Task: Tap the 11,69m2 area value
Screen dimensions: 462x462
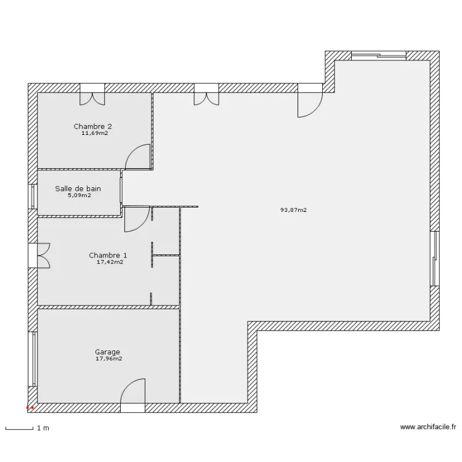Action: point(94,132)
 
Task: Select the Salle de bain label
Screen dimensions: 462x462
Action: point(78,189)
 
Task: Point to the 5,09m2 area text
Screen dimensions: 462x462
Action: point(78,196)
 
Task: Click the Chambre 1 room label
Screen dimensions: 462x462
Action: point(108,255)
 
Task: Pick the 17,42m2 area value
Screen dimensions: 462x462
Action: point(110,262)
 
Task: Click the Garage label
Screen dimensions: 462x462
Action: point(107,352)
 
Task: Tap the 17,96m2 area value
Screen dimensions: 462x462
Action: point(108,359)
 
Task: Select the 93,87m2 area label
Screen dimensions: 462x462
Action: point(293,210)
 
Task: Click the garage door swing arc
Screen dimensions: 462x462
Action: point(132,391)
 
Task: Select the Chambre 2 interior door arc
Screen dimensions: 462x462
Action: point(139,156)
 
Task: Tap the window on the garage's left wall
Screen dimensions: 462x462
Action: point(32,360)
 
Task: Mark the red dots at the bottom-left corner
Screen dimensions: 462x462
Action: point(30,408)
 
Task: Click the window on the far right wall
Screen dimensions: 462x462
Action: point(435,259)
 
